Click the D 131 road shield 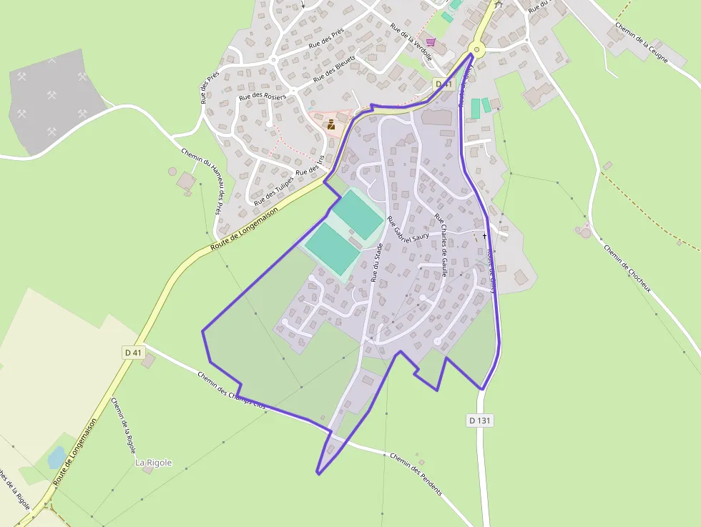point(481,420)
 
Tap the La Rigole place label point(154,463)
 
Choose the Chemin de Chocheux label point(627,269)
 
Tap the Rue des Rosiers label point(263,96)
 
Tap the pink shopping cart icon point(431,42)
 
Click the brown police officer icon point(331,125)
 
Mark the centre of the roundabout point(476,50)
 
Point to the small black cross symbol point(484,235)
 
